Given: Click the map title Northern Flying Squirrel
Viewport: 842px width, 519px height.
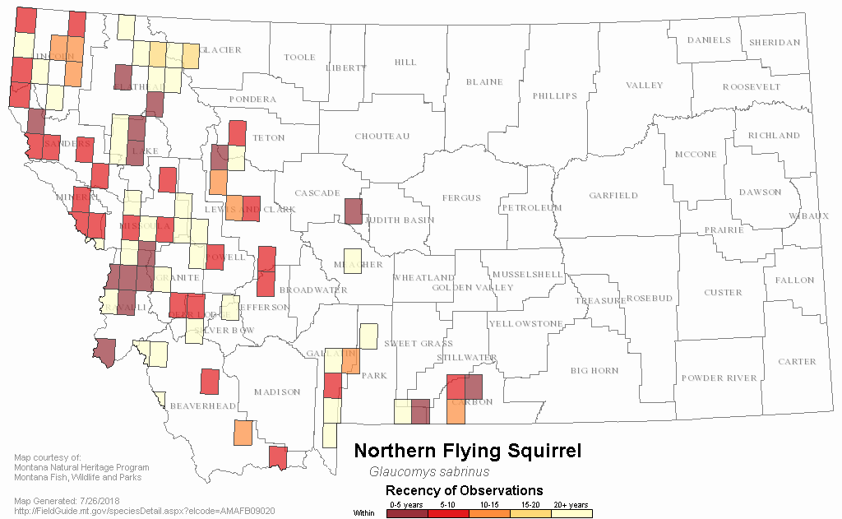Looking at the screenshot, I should (467, 452).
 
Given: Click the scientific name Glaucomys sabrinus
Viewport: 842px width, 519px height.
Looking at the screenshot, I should (429, 472).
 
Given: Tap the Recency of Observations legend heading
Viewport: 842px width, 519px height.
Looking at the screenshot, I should (465, 491).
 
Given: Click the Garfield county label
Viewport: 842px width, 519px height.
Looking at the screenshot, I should (613, 196).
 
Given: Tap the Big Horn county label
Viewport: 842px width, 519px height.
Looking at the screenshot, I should (594, 371).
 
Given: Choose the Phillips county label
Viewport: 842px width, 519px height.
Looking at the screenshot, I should (555, 96).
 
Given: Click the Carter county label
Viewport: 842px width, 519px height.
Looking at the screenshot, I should (797, 362).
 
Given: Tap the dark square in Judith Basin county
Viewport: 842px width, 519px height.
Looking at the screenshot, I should (353, 211).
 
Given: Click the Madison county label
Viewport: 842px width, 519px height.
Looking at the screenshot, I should (277, 392).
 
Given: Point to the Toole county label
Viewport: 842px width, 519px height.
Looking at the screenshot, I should (299, 58).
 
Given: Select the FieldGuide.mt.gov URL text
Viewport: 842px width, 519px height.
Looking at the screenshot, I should (145, 511).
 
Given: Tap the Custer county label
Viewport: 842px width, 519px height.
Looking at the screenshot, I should (723, 293).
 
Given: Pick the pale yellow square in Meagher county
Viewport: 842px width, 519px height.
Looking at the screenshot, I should (352, 260).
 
